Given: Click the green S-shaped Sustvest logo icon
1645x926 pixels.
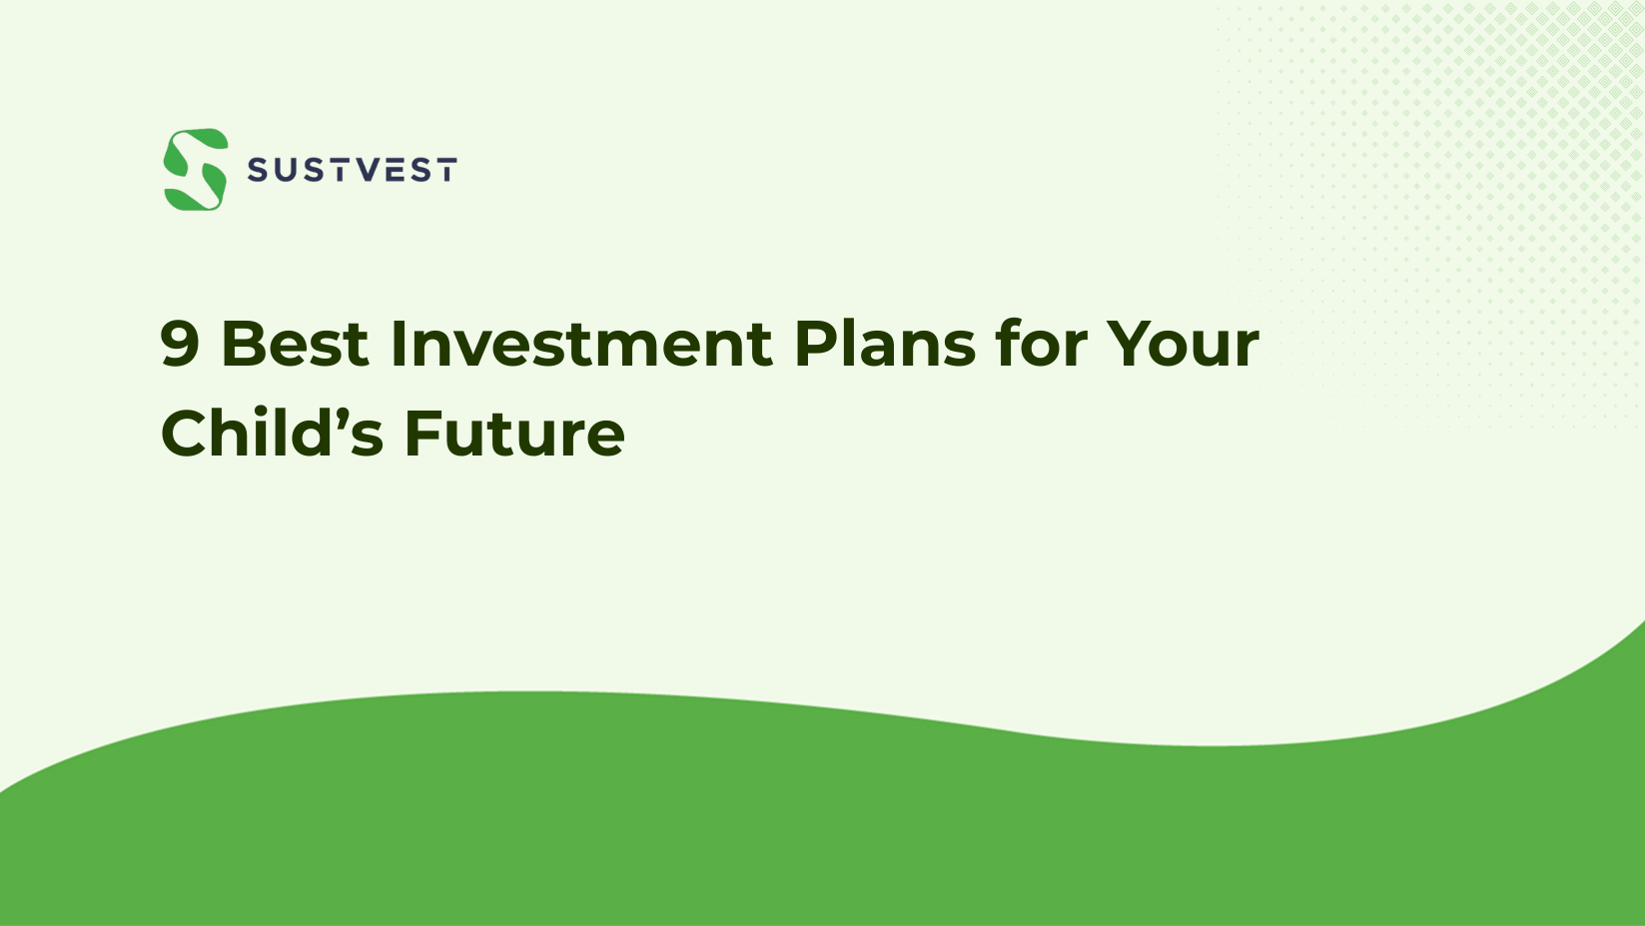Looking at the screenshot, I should coord(196,170).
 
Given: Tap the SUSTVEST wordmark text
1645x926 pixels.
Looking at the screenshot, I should coord(352,171).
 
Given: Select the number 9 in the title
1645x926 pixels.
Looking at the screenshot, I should coord(180,345).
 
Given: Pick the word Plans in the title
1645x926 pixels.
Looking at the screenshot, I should coord(884,345).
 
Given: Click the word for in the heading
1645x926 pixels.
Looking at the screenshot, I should coord(1041,345).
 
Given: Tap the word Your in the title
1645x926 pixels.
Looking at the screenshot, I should coord(1183,345).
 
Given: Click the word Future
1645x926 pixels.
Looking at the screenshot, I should coord(514,435).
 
